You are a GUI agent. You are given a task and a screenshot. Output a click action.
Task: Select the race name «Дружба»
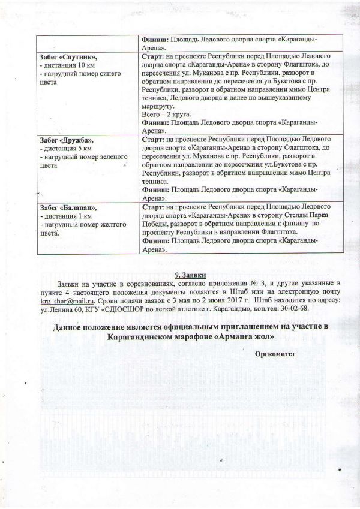[75, 138]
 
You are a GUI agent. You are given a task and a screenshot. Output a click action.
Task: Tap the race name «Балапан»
[76, 207]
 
